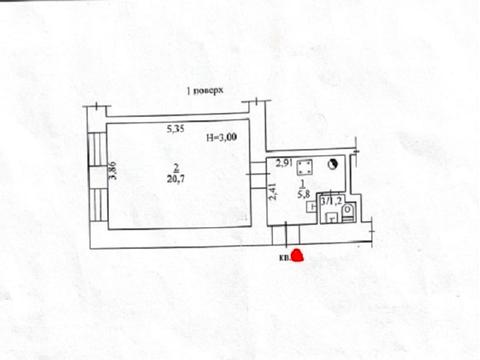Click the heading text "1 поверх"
(210, 91)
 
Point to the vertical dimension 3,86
(113, 171)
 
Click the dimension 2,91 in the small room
(286, 163)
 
